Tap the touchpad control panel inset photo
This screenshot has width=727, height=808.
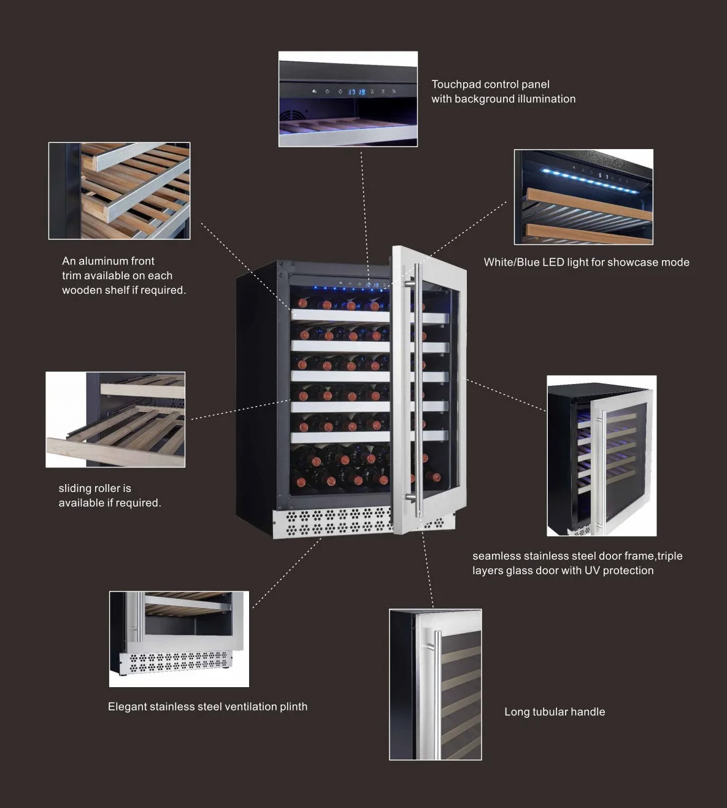point(348,99)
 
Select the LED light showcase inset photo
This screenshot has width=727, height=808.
point(583,197)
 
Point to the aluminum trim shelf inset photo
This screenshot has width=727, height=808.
point(120,191)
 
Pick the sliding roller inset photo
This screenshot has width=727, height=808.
point(115,420)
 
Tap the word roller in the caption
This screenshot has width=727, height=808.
point(107,488)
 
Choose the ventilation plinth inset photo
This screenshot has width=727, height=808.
point(179,639)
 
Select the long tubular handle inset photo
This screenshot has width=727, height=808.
point(436,685)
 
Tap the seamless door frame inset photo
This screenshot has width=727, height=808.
point(602,456)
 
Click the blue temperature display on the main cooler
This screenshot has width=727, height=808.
point(372,285)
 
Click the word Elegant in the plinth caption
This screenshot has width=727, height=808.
point(127,707)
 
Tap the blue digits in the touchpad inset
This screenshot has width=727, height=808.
point(357,92)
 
